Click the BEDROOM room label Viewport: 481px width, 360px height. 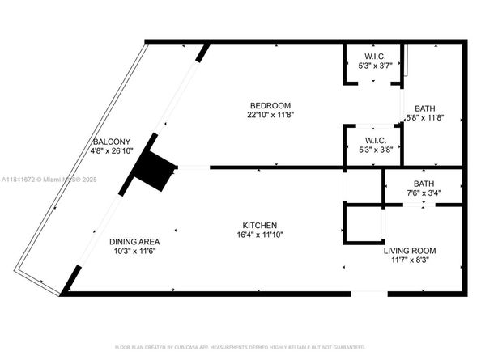click(270, 105)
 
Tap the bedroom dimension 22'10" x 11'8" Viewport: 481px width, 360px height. click(270, 115)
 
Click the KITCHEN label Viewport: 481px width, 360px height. click(260, 225)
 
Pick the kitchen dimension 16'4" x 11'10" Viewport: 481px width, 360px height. click(260, 235)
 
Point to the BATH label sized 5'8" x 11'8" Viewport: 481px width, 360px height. click(424, 108)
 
